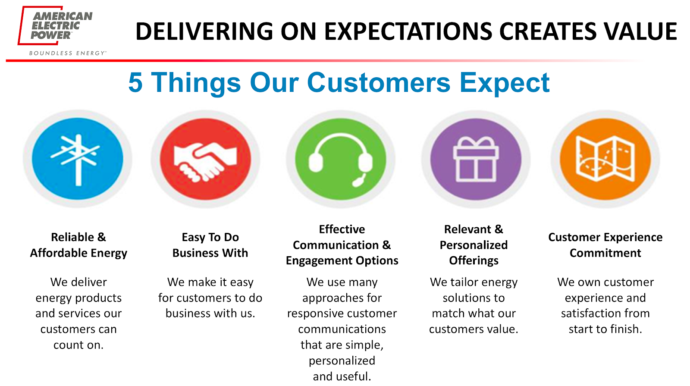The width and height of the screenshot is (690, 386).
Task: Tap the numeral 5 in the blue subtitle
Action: pos(135,82)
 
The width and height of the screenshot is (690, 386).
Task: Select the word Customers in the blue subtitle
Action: pos(379,82)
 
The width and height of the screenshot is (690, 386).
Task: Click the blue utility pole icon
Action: pos(77,159)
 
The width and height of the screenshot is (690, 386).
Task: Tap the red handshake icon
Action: pos(205,159)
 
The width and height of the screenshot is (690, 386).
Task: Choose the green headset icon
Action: pos(340,159)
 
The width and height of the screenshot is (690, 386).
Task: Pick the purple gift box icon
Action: pos(476,159)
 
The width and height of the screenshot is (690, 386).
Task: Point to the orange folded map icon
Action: pos(605,159)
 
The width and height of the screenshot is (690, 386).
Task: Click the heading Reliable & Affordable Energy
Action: pos(78,245)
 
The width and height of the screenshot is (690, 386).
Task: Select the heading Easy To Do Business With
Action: pos(210,245)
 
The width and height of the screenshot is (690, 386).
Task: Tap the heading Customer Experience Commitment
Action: pos(605,245)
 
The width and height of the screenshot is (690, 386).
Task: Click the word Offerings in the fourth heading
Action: pos(474,260)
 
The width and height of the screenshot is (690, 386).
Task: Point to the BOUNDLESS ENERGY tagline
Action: pos(68,53)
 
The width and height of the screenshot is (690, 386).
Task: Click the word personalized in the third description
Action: pos(342,361)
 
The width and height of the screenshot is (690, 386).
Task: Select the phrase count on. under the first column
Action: pos(78,345)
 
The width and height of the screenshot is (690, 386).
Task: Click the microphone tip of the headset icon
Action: pos(358,183)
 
